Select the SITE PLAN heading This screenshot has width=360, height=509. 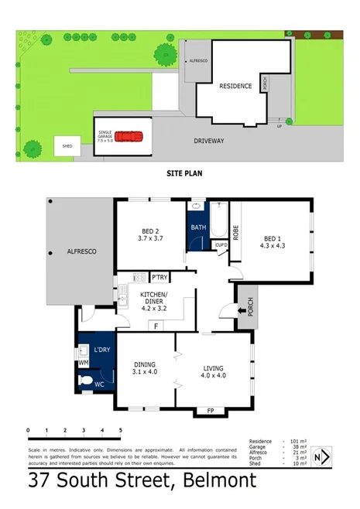coord(184,174)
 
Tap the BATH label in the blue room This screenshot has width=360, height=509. coord(198,227)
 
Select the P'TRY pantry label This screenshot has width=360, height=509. coord(160,278)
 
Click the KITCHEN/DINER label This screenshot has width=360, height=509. coord(155,299)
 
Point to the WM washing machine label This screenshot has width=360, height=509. coord(84,362)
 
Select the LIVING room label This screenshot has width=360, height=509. coord(214,370)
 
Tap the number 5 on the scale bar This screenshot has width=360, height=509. coord(120,430)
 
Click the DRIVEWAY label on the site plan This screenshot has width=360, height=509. coord(209,141)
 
